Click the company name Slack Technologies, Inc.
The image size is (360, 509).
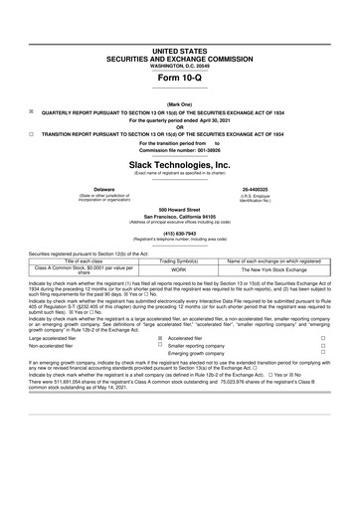coord(180,164)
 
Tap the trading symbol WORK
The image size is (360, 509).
coord(179,269)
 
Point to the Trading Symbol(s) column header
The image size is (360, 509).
coord(179,260)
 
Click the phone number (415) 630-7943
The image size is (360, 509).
coord(180,234)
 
